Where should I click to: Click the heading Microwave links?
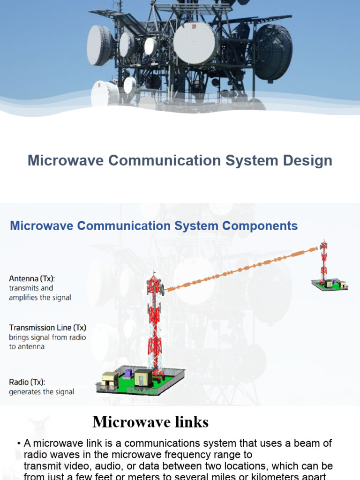tap(150, 422)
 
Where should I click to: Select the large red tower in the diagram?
tap(155, 323)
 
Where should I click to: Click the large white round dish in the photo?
tap(195, 43)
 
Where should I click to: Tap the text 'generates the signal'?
tap(42, 392)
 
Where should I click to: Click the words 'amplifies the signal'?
tap(40, 298)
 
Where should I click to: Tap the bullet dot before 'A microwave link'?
tap(19, 443)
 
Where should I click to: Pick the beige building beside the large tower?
tap(143, 376)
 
